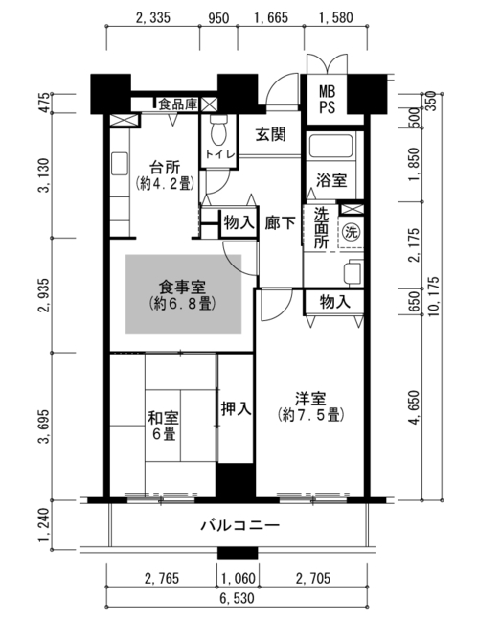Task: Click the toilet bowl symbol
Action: click(217, 130)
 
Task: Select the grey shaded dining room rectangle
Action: click(183, 293)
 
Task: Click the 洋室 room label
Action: click(310, 399)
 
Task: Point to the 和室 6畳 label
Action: click(163, 426)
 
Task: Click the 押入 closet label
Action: click(236, 408)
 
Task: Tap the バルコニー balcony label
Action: click(239, 526)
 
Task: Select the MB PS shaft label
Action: click(328, 100)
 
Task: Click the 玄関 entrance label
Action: click(270, 134)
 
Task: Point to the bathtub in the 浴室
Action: click(331, 146)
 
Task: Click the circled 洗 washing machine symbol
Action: click(352, 232)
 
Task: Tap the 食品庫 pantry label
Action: click(178, 104)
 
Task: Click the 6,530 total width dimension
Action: click(237, 598)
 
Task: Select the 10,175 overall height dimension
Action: click(434, 297)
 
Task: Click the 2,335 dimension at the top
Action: click(153, 18)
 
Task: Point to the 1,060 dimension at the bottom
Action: click(239, 578)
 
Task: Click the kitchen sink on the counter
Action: click(120, 163)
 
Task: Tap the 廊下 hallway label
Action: click(281, 223)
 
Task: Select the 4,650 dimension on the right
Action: click(414, 408)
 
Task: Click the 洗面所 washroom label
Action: click(322, 228)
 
